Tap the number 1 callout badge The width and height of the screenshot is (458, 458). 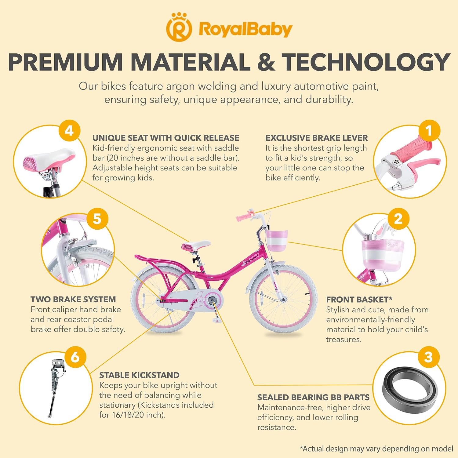(x=429, y=131)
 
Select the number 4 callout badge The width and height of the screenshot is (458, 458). (x=69, y=131)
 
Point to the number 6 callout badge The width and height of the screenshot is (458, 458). (x=75, y=357)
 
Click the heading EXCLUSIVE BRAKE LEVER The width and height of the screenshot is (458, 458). (x=317, y=138)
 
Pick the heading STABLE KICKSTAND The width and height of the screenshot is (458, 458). (x=139, y=375)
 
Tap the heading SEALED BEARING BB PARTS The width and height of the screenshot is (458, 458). (x=313, y=398)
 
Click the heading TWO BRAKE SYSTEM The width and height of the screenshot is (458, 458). (x=73, y=300)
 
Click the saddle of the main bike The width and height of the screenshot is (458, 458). (x=196, y=245)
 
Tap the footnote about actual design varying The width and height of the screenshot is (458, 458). (x=376, y=449)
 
